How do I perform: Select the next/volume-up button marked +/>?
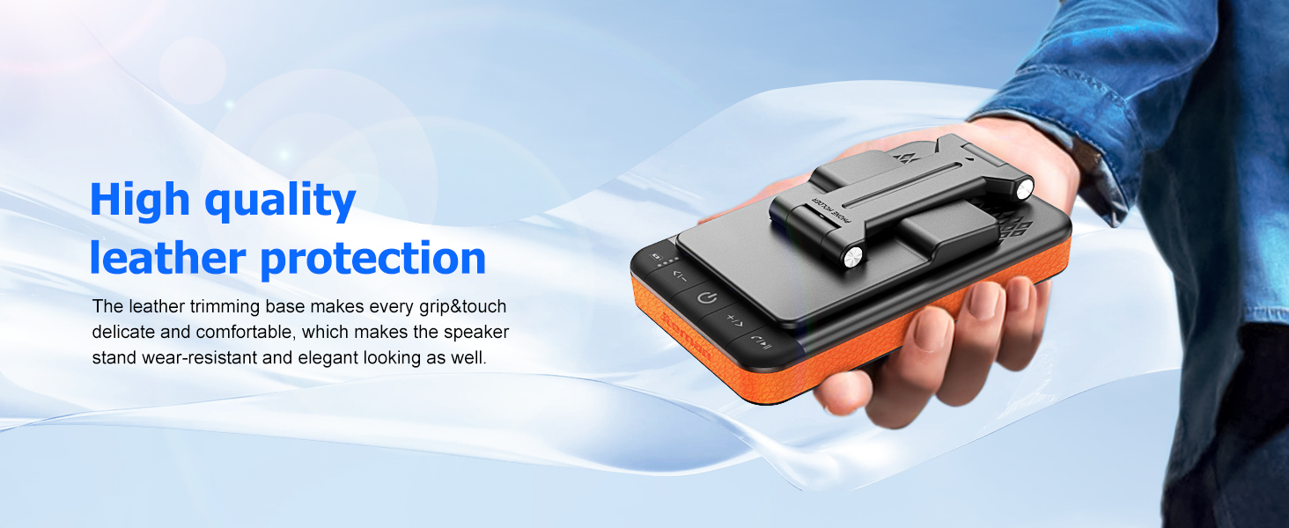734,318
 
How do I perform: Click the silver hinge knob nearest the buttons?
853,258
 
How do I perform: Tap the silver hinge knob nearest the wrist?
1024,187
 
